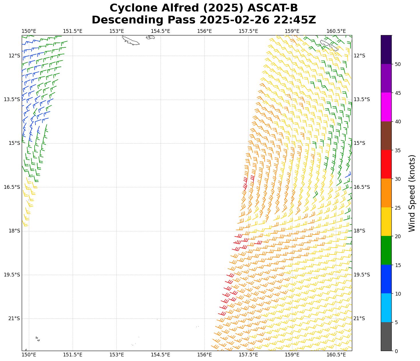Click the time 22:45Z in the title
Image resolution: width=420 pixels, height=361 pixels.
pos(295,20)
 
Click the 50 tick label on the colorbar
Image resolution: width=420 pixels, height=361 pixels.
pos(397,64)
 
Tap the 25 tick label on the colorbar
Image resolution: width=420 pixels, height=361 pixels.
pos(397,208)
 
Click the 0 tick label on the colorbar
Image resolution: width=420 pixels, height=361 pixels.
pos(396,351)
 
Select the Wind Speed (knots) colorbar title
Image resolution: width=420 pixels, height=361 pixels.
pos(411,193)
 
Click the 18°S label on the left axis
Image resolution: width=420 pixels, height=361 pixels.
pos(14,231)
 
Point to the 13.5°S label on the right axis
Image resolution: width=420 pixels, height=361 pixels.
pos(362,99)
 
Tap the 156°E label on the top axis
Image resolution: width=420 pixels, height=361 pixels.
pos(204,31)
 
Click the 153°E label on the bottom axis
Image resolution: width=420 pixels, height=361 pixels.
pos(117,355)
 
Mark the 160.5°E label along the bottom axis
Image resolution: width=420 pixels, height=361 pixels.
pos(336,355)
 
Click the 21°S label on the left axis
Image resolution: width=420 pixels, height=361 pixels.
pos(14,318)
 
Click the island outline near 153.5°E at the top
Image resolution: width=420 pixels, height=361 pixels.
pos(131,41)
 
